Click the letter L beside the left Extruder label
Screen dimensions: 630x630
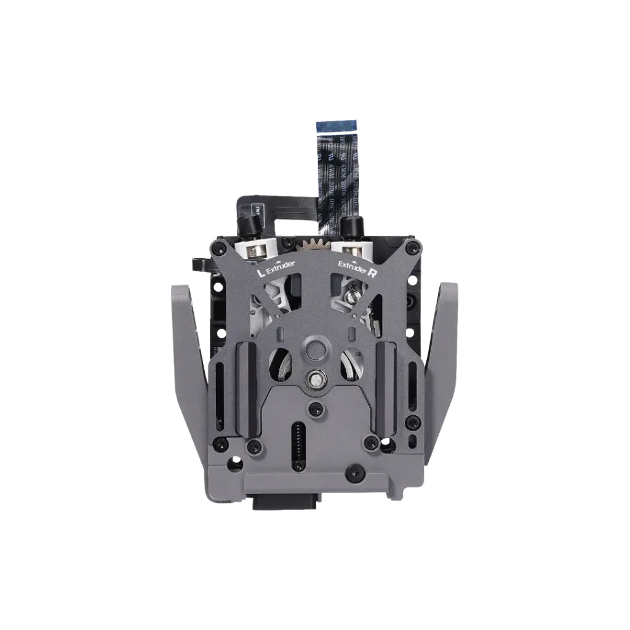(260, 269)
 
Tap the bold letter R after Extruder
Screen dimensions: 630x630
(372, 271)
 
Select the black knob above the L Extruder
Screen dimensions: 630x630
(249, 228)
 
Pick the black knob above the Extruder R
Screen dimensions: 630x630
(351, 228)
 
